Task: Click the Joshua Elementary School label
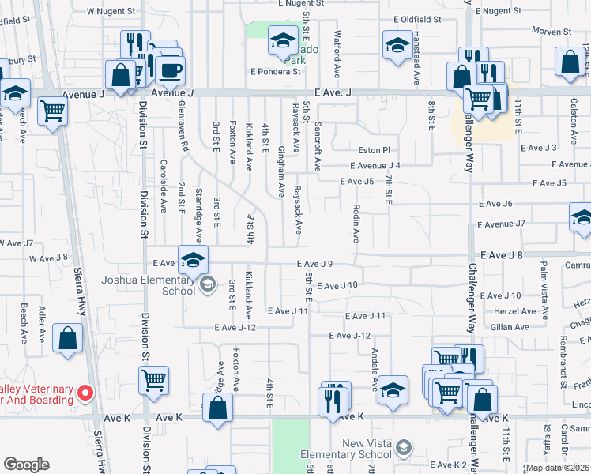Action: coord(148,284)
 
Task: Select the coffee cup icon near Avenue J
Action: coord(169,71)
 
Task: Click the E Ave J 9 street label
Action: coord(319,264)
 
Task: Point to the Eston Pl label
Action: coord(374,149)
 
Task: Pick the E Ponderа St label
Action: coord(276,71)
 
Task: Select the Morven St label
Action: coord(551,32)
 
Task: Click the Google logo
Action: coord(26,465)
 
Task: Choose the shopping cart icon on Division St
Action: coord(153,382)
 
